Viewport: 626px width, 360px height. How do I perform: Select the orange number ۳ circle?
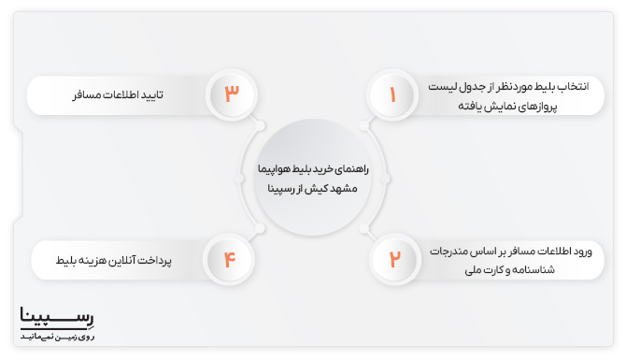coord(231,94)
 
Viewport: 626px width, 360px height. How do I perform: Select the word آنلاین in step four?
coord(129,259)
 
